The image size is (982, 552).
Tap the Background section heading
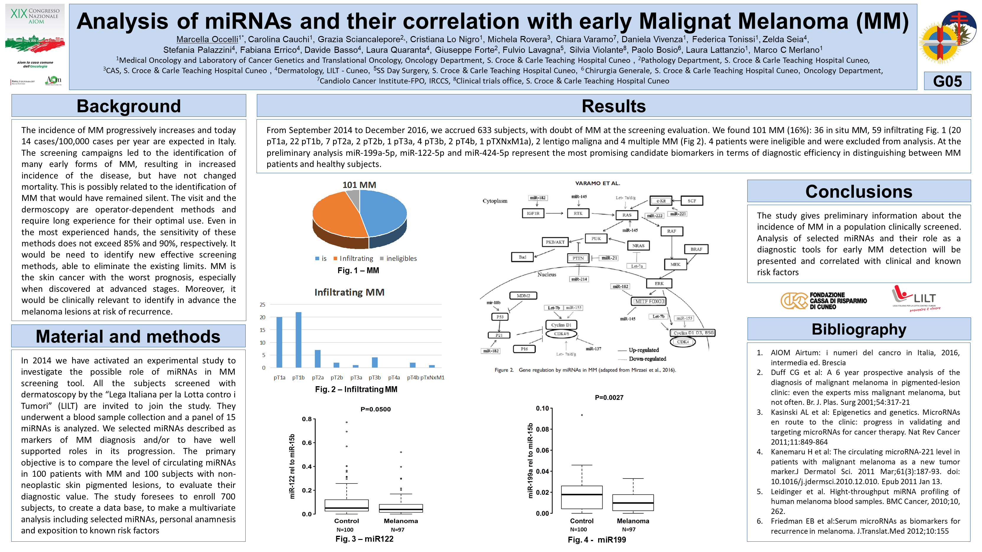pos(128,106)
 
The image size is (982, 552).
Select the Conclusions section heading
pos(859,191)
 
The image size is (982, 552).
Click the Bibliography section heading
pos(859,329)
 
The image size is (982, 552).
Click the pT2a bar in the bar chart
pos(318,358)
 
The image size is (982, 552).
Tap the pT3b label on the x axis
pos(375,378)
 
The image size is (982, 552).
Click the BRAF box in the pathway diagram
pos(696,249)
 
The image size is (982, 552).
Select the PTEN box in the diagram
pos(578,258)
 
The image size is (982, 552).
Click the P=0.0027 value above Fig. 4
pos(609,398)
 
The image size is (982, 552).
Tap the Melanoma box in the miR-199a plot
pos(633,502)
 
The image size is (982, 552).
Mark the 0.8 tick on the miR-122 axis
pos(307,419)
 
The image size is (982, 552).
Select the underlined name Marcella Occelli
pos(207,39)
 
